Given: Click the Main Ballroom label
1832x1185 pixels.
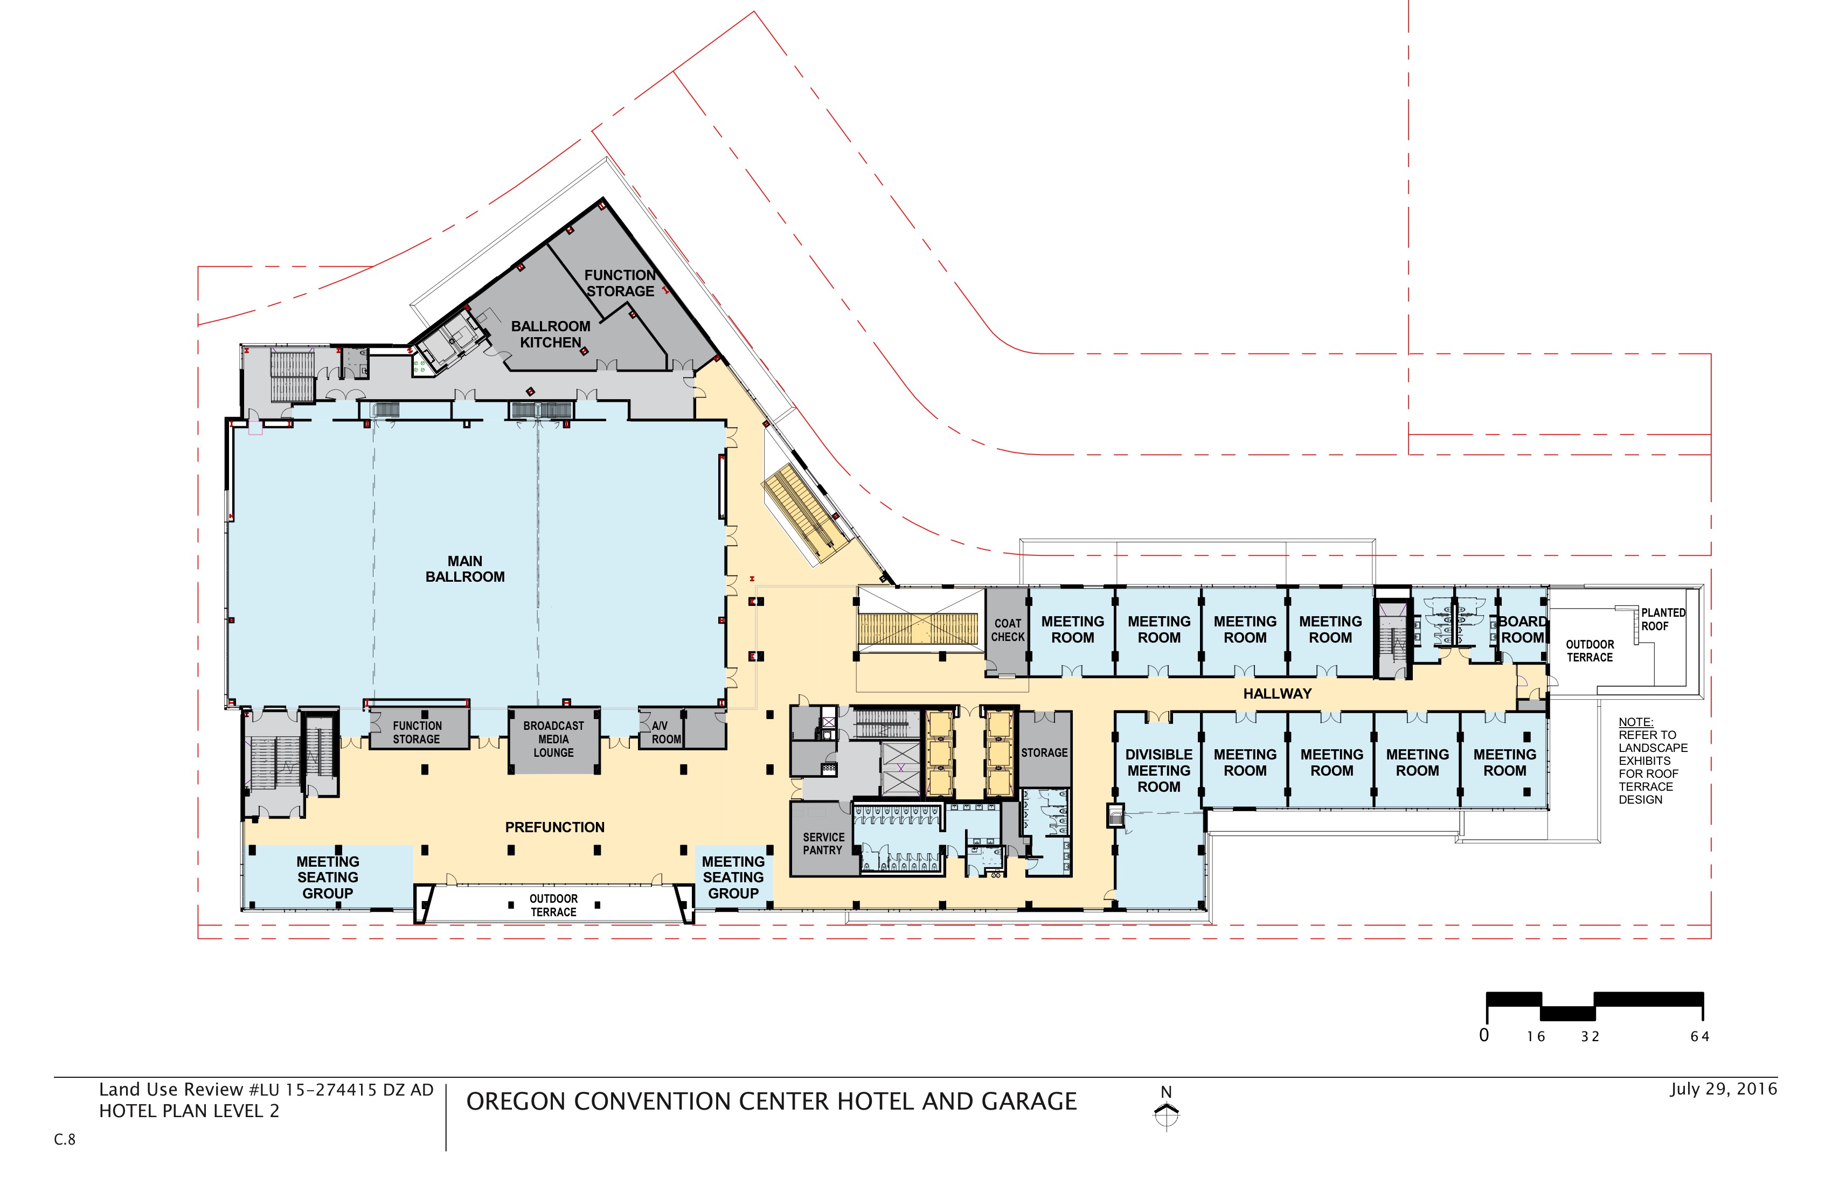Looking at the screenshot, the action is [x=465, y=569].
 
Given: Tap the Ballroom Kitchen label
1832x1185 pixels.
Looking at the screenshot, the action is [x=550, y=334].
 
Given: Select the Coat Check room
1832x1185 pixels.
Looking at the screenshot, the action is [x=1007, y=632].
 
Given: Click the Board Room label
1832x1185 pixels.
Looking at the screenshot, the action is [x=1523, y=630].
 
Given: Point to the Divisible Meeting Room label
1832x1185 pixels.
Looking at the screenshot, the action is [x=1158, y=771].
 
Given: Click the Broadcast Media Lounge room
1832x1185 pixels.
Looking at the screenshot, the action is [x=553, y=740].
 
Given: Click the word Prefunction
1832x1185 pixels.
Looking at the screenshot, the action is [x=554, y=827].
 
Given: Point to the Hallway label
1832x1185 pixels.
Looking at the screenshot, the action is [x=1277, y=693].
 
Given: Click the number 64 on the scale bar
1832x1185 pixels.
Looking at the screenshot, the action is [x=1699, y=1036].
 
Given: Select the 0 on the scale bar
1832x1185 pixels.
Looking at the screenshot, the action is [x=1484, y=1035].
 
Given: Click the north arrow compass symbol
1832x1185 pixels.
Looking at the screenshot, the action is [x=1167, y=1113].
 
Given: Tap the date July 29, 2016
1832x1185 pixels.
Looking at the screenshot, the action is [x=1724, y=1089].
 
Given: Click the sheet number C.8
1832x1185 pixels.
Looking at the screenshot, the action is [x=65, y=1140].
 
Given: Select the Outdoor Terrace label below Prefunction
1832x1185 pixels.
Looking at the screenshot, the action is [x=553, y=905].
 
